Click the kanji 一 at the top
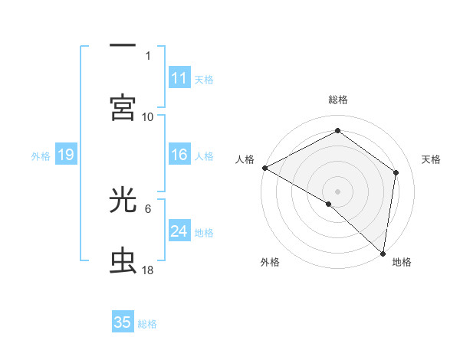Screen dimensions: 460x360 (123, 45)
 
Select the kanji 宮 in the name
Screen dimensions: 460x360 (123, 108)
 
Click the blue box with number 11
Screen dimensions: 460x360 (179, 77)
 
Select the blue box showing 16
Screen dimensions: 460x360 (179, 155)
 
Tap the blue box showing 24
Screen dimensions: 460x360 (179, 231)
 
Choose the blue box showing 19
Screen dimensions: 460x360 (66, 155)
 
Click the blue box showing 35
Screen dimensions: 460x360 (123, 322)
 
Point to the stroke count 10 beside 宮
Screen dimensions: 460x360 (148, 117)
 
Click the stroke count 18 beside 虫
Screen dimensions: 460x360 (148, 271)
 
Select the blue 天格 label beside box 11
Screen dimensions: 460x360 (204, 79)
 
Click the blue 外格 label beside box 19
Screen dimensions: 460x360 (41, 156)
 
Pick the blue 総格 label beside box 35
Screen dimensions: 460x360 (147, 324)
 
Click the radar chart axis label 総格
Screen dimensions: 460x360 (338, 100)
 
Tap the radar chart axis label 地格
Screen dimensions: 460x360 (402, 263)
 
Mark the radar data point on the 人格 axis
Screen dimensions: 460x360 (264, 168)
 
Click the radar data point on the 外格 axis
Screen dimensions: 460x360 (329, 204)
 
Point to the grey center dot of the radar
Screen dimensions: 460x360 (338, 191)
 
